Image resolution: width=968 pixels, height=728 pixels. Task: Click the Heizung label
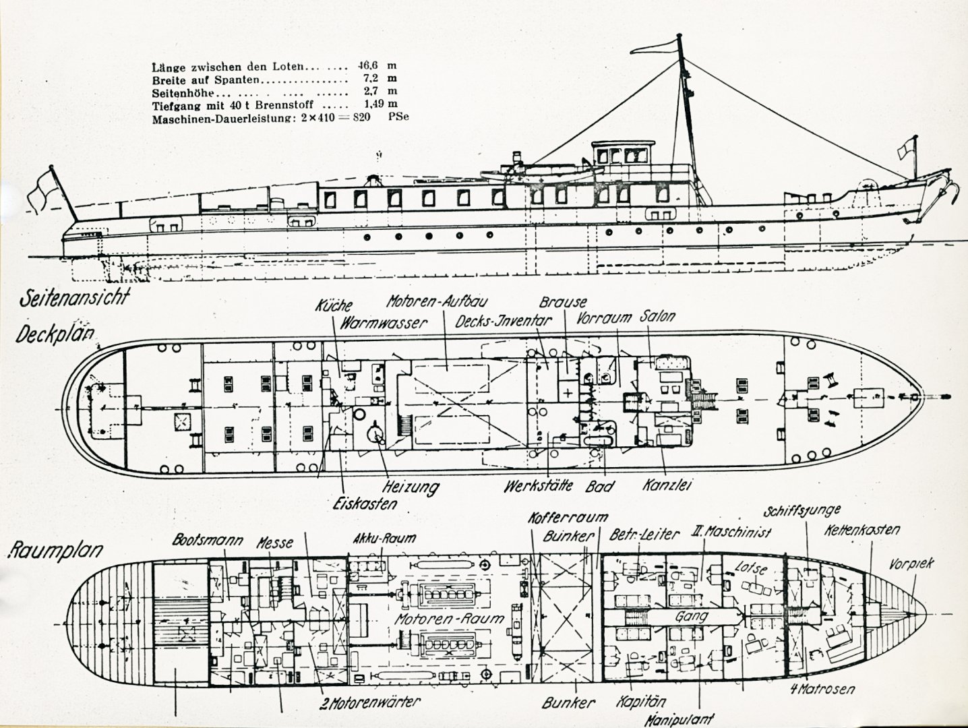pyautogui.click(x=411, y=486)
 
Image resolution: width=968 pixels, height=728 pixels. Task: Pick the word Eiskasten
pyautogui.click(x=364, y=503)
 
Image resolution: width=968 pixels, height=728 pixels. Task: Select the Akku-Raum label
pyautogui.click(x=384, y=539)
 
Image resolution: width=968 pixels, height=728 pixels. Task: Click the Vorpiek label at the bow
pyautogui.click(x=911, y=564)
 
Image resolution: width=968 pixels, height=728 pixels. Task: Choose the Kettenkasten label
pyautogui.click(x=861, y=530)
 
